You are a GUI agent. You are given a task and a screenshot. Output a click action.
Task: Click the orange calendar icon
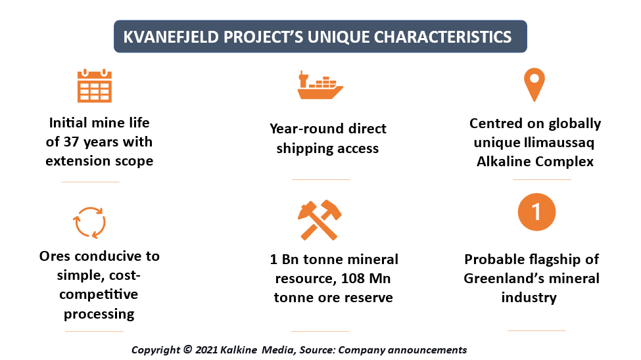pyautogui.click(x=95, y=85)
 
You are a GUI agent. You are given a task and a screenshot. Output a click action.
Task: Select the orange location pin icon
pyautogui.click(x=534, y=85)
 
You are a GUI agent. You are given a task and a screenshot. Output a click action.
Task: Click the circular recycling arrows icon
pyautogui.click(x=89, y=223)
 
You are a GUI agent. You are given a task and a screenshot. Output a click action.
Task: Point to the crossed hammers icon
pyautogui.click(x=320, y=220)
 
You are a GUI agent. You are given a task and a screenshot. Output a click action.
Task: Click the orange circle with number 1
pyautogui.click(x=536, y=212)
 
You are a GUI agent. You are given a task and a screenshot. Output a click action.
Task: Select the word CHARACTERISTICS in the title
pyautogui.click(x=442, y=37)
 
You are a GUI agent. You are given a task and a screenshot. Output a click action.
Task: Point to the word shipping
pyautogui.click(x=302, y=148)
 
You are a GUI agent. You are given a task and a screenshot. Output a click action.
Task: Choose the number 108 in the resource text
pyautogui.click(x=353, y=279)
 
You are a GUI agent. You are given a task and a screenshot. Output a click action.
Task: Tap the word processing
pyautogui.click(x=99, y=314)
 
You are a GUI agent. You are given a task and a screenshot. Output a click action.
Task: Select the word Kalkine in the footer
pyautogui.click(x=239, y=349)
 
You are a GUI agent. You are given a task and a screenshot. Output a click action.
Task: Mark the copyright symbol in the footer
pyautogui.click(x=187, y=349)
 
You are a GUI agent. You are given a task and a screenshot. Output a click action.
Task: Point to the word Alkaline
pyautogui.click(x=504, y=162)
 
